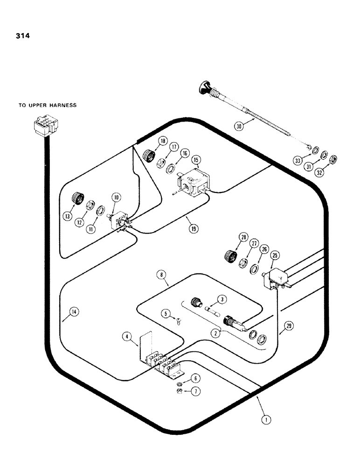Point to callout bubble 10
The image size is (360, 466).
click(116, 198)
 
